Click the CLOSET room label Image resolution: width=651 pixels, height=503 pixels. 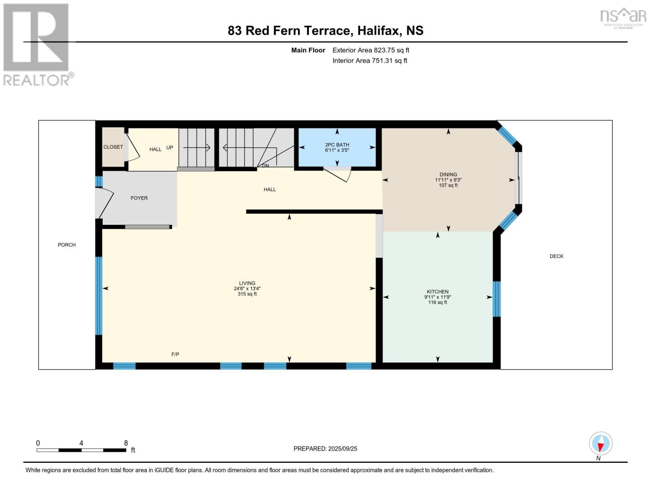click(x=113, y=147)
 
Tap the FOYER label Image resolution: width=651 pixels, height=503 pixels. click(x=139, y=198)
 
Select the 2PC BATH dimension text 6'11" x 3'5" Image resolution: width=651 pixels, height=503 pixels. click(x=337, y=150)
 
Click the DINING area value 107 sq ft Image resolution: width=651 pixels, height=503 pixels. click(x=448, y=185)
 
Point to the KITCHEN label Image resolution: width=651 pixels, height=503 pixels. click(x=438, y=292)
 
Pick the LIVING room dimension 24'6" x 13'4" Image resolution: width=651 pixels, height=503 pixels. click(x=247, y=289)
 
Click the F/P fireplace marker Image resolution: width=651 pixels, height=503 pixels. click(x=175, y=355)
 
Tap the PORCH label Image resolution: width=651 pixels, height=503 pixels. click(x=67, y=245)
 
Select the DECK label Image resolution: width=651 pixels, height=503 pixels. click(x=556, y=256)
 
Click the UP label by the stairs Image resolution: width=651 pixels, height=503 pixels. click(x=170, y=148)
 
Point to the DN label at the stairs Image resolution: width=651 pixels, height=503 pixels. click(x=265, y=166)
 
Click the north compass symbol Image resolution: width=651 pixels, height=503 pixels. click(x=601, y=444)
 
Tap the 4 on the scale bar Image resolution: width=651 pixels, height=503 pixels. click(x=81, y=443)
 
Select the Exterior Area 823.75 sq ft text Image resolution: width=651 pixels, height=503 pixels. click(x=371, y=50)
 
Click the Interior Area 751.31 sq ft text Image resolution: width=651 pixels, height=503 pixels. click(x=370, y=61)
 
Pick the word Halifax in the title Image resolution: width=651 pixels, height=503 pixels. click(x=378, y=31)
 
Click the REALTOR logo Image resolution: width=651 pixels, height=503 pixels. click(x=37, y=44)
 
